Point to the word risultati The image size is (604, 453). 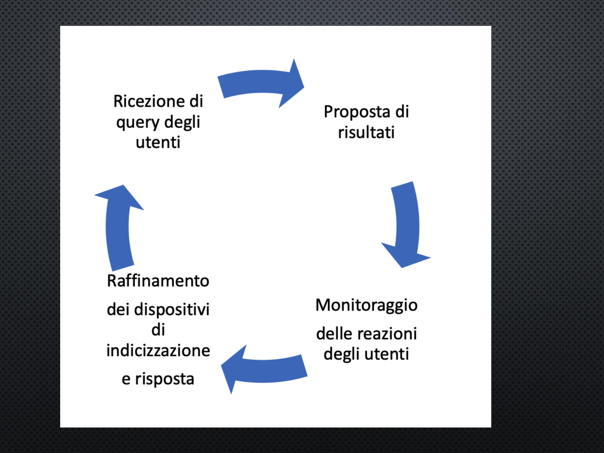pos(366,132)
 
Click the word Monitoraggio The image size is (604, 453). pos(366,306)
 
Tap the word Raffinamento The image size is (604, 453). pos(158,281)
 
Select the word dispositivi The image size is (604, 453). pos(172,310)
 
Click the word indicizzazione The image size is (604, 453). pos(158,350)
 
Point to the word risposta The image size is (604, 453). pos(165,380)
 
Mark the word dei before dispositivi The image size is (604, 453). pos(118,309)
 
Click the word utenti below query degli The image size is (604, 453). pos(158,142)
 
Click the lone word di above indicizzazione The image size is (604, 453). pos(158,330)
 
